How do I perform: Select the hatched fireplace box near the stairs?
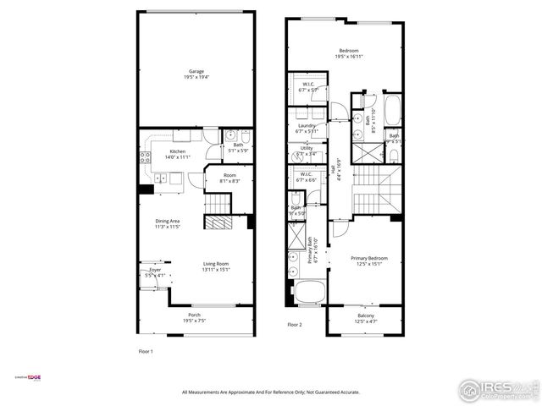218,222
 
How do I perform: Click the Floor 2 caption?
295,324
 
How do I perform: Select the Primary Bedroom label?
367,260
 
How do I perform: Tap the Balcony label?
367,318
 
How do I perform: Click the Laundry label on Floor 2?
306,128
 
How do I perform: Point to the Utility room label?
306,151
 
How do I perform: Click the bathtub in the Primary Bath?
306,295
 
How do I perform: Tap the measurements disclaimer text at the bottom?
271,392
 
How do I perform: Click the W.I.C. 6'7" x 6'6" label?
306,178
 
